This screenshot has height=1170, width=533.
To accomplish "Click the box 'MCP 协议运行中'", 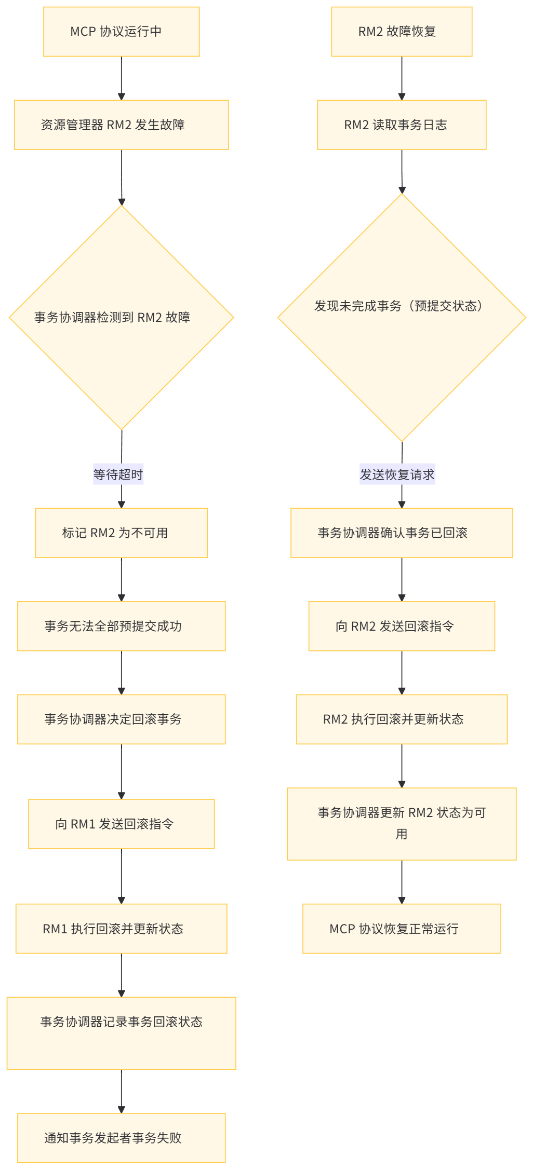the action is (121, 32).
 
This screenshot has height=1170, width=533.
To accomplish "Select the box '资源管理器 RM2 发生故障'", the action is (121, 125).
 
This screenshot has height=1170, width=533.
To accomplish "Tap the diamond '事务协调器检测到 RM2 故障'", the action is (121, 318).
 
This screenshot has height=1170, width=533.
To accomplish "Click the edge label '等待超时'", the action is (118, 474).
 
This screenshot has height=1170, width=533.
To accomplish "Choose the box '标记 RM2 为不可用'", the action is (121, 533).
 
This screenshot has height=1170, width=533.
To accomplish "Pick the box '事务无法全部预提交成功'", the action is (121, 626).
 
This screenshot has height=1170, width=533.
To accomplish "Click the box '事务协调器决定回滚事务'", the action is (121, 719).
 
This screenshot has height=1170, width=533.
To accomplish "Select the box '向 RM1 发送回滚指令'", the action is (121, 824).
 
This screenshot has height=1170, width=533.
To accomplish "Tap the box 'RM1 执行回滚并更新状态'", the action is (121, 929).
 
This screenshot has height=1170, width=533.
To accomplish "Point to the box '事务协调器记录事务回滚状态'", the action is (121, 1033).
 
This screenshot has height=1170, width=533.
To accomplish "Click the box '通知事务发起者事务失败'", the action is (121, 1138).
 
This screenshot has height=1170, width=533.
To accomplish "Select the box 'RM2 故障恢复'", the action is (402, 32).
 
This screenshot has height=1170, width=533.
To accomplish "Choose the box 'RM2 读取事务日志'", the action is (402, 125).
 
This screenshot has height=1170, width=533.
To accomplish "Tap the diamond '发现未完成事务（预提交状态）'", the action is (402, 318).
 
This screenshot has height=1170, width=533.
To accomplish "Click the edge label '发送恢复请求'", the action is (397, 474).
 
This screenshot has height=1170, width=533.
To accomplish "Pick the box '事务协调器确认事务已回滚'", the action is (402, 533).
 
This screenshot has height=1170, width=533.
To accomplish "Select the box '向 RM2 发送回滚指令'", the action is (402, 626).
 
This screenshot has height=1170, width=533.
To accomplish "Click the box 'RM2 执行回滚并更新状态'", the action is (402, 719).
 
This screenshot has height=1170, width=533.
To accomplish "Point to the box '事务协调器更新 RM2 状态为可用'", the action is (402, 824).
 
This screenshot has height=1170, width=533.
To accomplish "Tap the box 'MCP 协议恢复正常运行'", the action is (402, 929).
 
